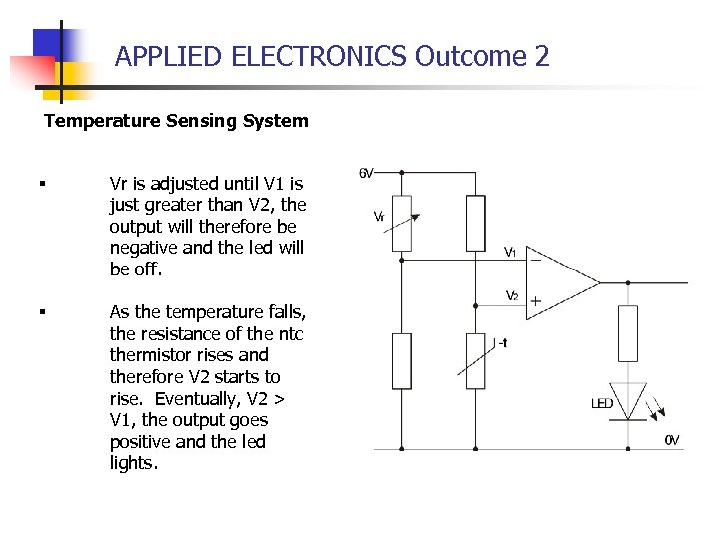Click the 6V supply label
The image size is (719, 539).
point(367,173)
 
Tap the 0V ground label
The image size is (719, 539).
point(673,440)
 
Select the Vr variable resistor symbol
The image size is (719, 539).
point(401,222)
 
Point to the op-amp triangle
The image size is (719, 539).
point(560,282)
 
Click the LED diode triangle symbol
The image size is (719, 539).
point(627,401)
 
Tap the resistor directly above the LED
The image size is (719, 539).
point(627,333)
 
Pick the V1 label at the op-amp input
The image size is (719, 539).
point(509,253)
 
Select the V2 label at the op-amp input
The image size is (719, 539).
point(511,295)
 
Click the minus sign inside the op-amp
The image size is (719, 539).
point(536,259)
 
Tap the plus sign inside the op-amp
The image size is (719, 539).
point(536,300)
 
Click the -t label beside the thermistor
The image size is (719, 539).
point(501,343)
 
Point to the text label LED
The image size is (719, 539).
point(602,404)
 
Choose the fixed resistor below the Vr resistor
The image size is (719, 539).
point(401,361)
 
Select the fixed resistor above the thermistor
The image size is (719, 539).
point(476,222)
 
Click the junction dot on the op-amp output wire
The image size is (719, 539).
point(627,282)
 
